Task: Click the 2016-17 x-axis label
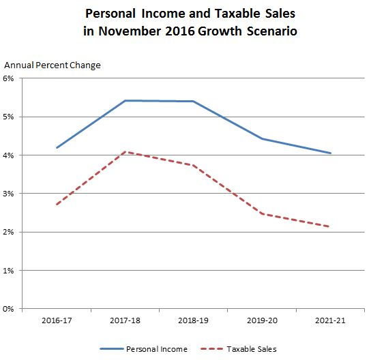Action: (x=57, y=320)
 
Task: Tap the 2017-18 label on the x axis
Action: (x=125, y=320)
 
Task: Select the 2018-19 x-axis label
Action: (x=193, y=320)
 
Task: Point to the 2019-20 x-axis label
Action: (x=262, y=320)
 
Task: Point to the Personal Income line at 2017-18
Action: (x=125, y=101)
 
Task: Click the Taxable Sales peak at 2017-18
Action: (x=125, y=151)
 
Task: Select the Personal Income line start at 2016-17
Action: (x=57, y=147)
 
